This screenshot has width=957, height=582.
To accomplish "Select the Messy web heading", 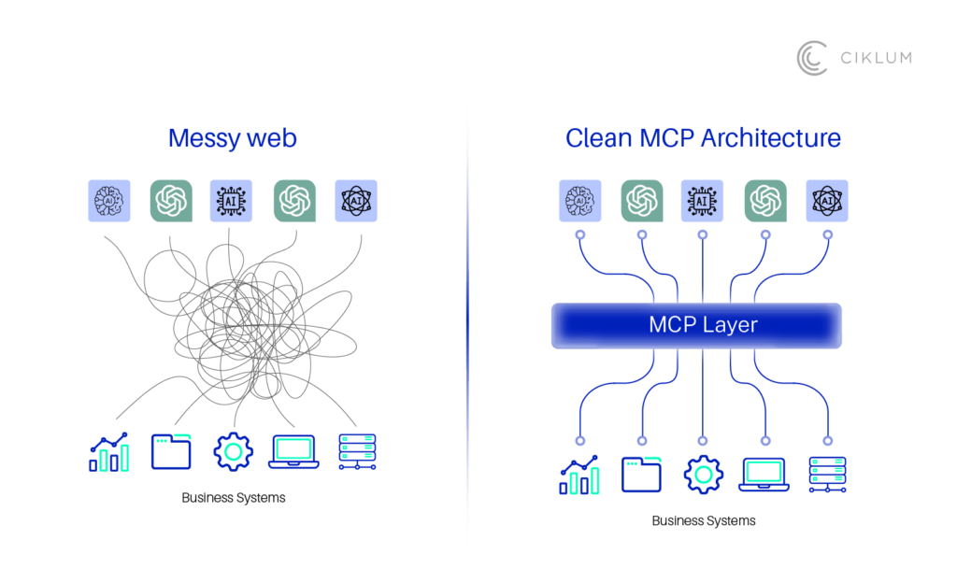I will point(232,138).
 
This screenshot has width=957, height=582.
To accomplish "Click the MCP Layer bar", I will point(696,325).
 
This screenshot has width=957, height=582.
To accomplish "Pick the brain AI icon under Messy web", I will point(109,201).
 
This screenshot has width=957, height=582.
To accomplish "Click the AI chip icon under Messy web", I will point(231,201).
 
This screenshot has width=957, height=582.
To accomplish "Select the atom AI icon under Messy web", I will point(356,201).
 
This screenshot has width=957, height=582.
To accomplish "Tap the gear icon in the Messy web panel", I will point(233,451).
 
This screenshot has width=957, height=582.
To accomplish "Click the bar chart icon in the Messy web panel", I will point(108,452).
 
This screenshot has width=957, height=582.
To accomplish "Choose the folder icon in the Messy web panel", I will point(171,451).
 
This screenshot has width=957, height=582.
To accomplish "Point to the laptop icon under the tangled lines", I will point(293,451).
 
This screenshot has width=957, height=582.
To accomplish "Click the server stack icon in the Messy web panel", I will point(357,451).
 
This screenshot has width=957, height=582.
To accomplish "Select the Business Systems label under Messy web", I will point(233,498).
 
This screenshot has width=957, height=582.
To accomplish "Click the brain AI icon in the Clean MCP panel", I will point(580,201).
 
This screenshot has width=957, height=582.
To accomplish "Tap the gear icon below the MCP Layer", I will point(703,475).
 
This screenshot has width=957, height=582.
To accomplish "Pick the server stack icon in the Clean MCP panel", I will point(827,475).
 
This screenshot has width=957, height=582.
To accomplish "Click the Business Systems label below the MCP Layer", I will point(703,520).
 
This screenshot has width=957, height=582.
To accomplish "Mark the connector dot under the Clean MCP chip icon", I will point(703,234).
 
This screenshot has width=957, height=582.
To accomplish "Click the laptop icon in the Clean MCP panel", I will point(764,475).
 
